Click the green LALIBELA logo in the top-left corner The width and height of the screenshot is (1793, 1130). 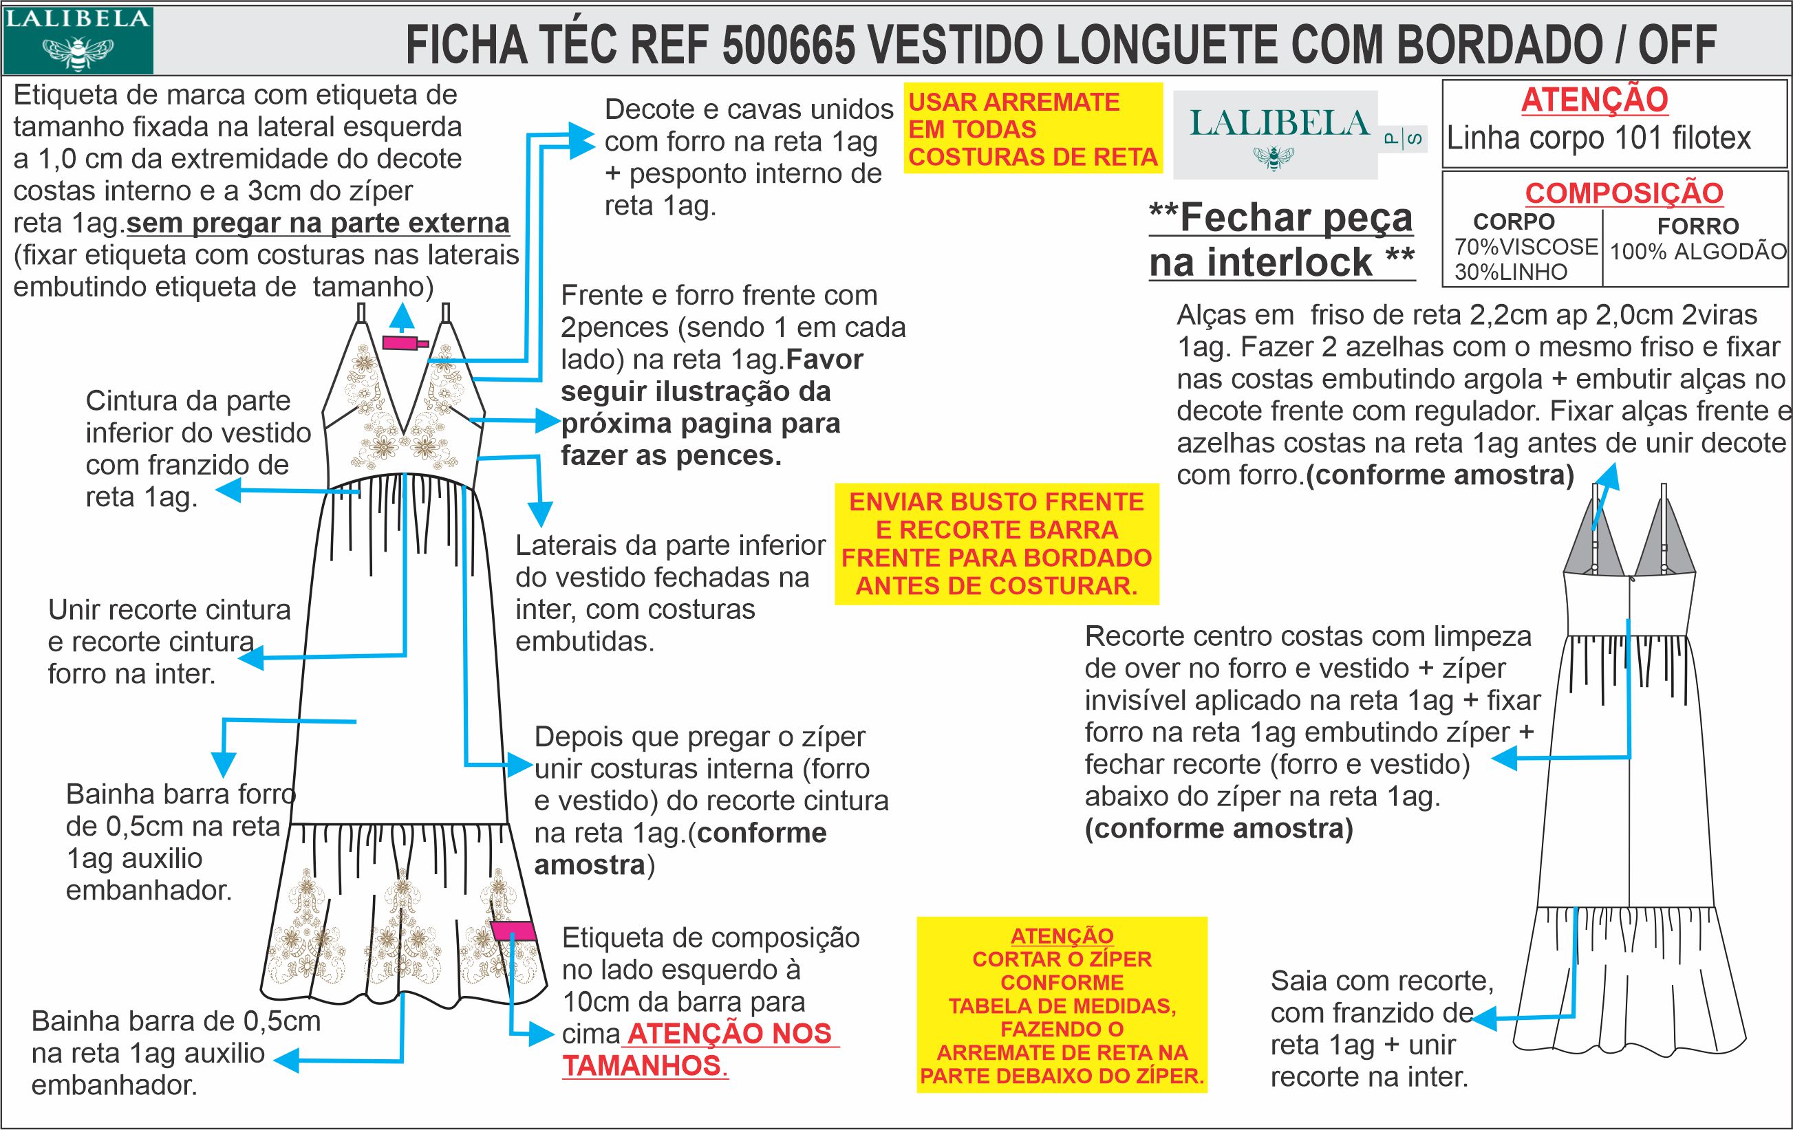[x=78, y=39]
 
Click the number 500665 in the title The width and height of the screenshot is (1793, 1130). [x=788, y=45]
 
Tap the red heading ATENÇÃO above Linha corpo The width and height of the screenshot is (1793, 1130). [x=1594, y=100]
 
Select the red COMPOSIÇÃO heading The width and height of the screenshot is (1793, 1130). [x=1624, y=193]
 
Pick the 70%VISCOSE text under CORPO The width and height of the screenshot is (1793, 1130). [x=1525, y=246]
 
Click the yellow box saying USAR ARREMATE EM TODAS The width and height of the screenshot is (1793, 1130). [x=1033, y=129]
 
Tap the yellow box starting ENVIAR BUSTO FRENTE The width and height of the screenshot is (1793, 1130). [x=996, y=543]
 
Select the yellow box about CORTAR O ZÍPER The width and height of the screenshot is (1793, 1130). [x=1061, y=1005]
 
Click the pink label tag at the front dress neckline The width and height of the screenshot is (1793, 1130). [x=404, y=343]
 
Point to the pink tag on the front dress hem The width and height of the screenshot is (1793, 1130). [x=514, y=931]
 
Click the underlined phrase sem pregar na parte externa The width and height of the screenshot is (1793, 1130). [x=318, y=223]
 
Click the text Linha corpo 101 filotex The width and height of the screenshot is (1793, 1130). [x=1599, y=138]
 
